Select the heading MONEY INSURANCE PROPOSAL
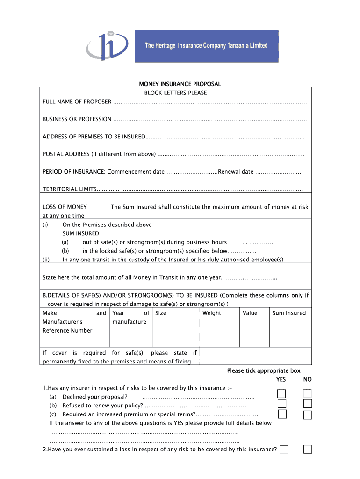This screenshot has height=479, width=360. (x=180, y=84)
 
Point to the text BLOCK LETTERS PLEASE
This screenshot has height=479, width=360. (x=175, y=93)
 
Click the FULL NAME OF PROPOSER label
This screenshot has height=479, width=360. (x=77, y=102)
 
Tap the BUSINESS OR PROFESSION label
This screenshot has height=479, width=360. (x=77, y=119)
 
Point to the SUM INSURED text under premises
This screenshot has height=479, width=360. (x=81, y=233)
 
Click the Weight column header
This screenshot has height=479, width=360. (x=212, y=313)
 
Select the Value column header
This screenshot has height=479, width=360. (x=250, y=313)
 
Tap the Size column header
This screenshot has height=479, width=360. (x=160, y=313)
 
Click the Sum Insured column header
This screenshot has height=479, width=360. (x=289, y=313)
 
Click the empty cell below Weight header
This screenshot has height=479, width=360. (x=219, y=340)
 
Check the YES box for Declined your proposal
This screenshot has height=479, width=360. (x=282, y=393)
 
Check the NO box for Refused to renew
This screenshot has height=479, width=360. (x=307, y=404)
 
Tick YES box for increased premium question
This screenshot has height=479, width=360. (x=282, y=414)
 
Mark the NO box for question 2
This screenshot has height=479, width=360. (x=307, y=449)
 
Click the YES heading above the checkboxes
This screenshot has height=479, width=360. (x=281, y=380)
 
